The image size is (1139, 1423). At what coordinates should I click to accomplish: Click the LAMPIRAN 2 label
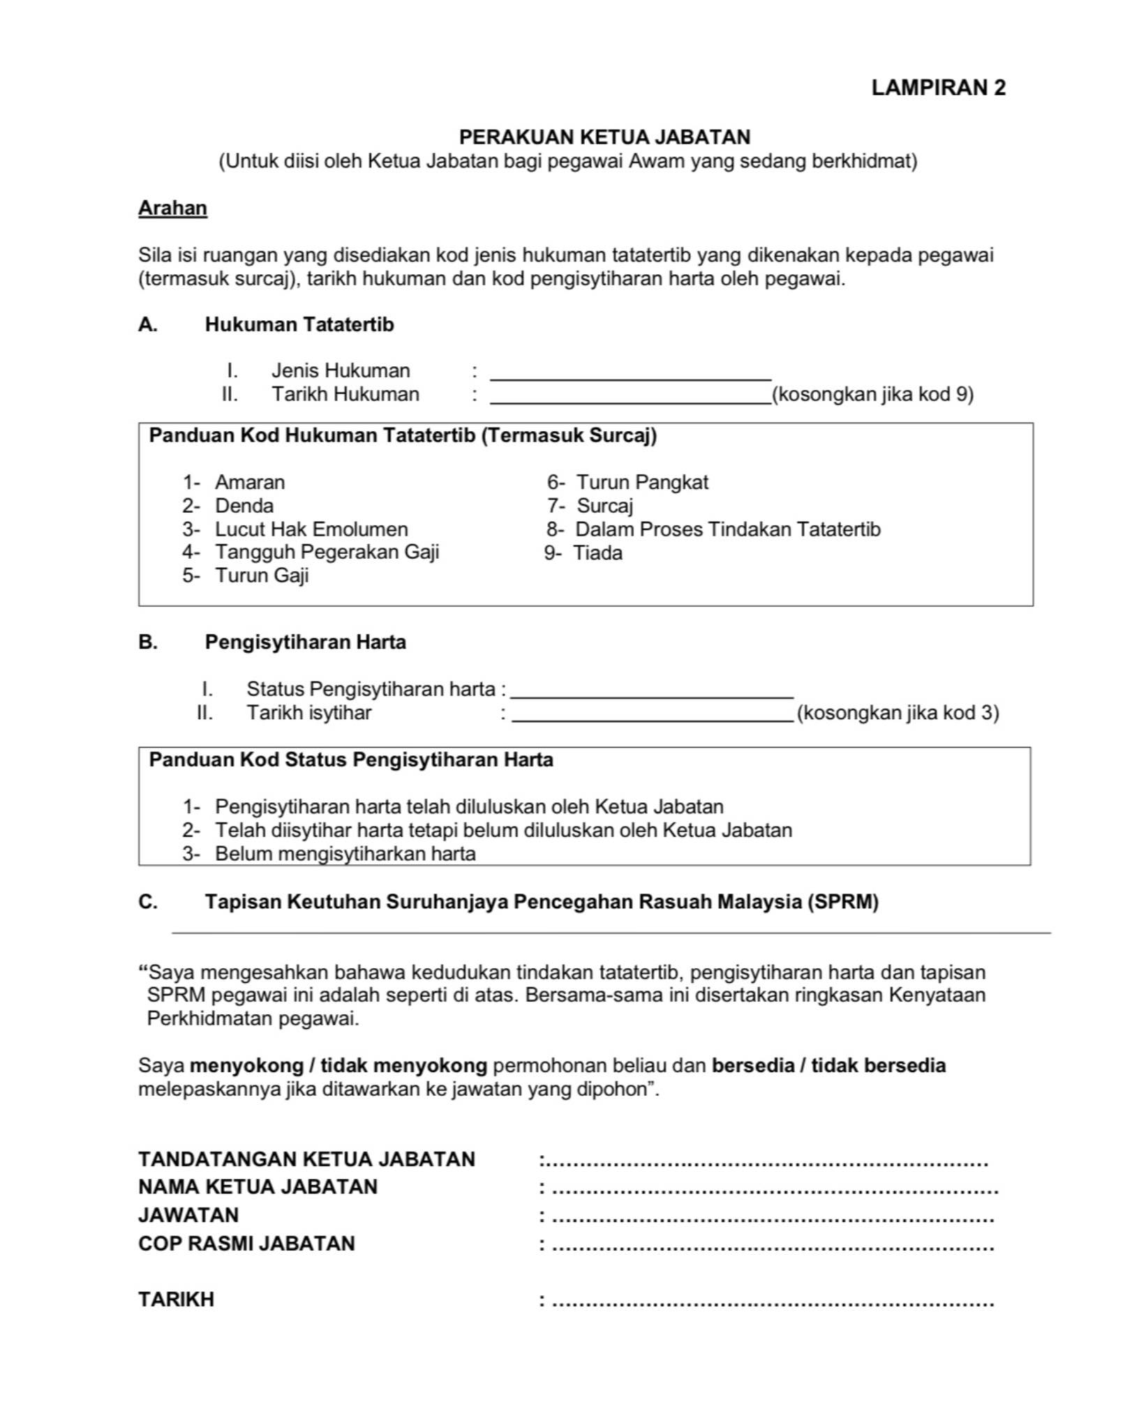(938, 88)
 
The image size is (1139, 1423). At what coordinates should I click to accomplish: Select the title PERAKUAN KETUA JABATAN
(604, 137)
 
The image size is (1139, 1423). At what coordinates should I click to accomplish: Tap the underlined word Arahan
(172, 208)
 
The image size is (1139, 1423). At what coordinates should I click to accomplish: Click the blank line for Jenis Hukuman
(630, 373)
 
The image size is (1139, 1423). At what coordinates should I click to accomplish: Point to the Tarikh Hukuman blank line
(630, 398)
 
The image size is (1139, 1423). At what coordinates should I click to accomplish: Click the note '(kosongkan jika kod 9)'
(872, 395)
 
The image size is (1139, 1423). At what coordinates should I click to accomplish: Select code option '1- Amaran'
(234, 482)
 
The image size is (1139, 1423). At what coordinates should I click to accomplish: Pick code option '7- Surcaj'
(590, 506)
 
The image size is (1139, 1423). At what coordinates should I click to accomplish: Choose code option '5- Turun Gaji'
(246, 575)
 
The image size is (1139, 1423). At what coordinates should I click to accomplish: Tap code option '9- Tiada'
(583, 553)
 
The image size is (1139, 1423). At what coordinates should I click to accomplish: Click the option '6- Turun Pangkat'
(627, 482)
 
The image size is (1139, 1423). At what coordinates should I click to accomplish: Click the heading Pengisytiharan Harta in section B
(305, 642)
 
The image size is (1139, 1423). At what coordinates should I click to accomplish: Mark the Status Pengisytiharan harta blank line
(652, 691)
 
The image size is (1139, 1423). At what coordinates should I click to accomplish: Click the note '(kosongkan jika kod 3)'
(898, 713)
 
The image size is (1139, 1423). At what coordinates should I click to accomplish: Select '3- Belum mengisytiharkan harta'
(329, 854)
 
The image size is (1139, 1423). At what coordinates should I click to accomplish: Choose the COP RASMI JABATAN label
(246, 1244)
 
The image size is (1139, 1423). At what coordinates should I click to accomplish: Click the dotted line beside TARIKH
(772, 1301)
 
